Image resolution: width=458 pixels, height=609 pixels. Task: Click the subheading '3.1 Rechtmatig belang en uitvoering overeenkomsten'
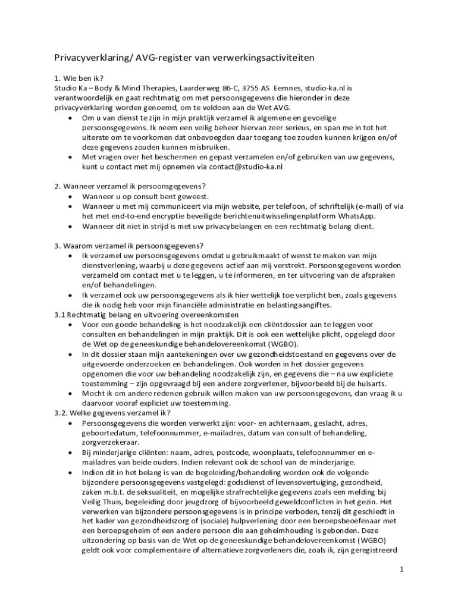coord(147,315)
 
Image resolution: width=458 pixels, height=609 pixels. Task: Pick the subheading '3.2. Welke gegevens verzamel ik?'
coord(112,413)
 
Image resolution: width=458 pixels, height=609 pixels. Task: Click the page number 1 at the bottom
coord(402,569)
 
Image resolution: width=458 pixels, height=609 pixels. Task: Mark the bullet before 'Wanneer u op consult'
coord(71,197)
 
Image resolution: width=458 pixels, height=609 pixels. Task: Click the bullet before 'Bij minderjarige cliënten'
coord(71,453)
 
